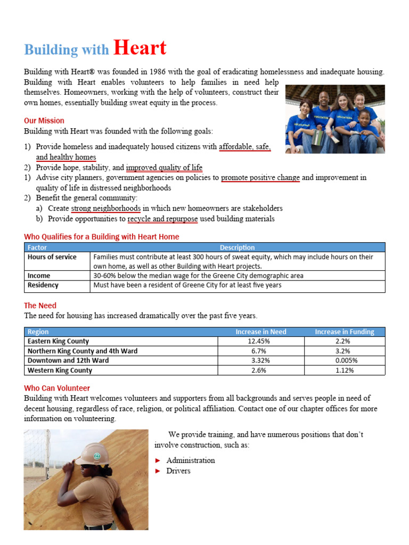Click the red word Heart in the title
coord(140,48)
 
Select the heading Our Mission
coord(44,121)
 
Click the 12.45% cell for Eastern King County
coord(260,341)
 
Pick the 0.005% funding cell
coord(345,360)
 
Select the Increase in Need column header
coord(260,332)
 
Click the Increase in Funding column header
coord(345,332)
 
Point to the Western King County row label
coord(60,370)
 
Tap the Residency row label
coord(43,285)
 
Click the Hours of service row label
coord(52,257)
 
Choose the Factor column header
coord(37,247)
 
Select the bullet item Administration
coord(191,460)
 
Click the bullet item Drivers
coord(178,471)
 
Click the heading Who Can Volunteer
coord(57,389)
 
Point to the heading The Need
coord(40,306)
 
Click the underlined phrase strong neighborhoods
coord(106,209)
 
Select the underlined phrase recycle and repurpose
coord(162,219)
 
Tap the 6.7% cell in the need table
coord(260,351)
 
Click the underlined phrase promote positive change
coord(260,178)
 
